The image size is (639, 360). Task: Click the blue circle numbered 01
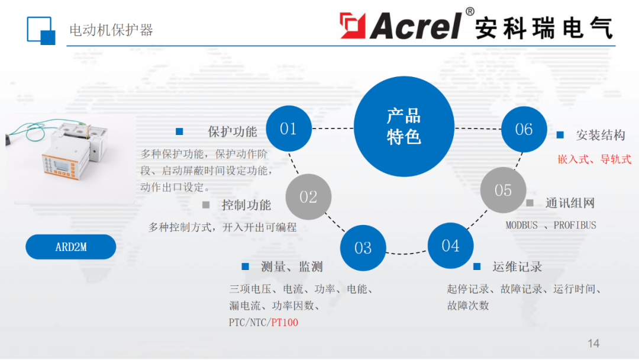[289, 128]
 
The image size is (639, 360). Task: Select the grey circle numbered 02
[308, 197]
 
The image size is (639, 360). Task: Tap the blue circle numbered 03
[363, 248]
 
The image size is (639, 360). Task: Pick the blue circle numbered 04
[450, 246]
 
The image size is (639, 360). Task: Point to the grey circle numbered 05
[503, 190]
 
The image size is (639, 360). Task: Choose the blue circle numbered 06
[524, 129]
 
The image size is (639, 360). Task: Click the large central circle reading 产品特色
[404, 126]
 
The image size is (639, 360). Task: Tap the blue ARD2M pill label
[70, 247]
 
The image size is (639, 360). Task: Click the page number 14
[593, 343]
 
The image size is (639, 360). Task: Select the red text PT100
[285, 323]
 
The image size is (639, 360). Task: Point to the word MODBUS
[521, 225]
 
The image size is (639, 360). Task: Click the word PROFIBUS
[575, 225]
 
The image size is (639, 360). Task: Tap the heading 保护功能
[232, 131]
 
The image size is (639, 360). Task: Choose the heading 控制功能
[246, 205]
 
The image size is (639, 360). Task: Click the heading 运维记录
[517, 267]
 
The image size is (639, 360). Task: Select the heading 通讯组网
[570, 203]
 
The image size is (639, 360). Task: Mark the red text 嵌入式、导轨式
[595, 159]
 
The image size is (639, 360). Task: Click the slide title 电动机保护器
[111, 30]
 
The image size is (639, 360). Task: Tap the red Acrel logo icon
[353, 25]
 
